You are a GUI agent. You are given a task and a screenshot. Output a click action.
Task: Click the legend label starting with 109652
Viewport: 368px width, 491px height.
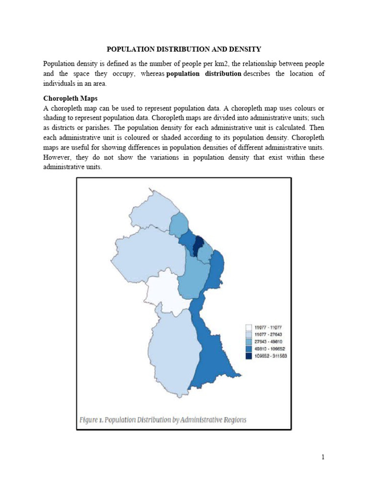[270, 356]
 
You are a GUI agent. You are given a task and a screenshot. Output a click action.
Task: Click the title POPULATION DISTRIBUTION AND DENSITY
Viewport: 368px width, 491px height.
[184, 49]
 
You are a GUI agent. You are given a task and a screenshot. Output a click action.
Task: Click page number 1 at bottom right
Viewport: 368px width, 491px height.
[323, 457]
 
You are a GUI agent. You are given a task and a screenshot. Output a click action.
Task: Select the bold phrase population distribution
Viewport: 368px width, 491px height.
[204, 73]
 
